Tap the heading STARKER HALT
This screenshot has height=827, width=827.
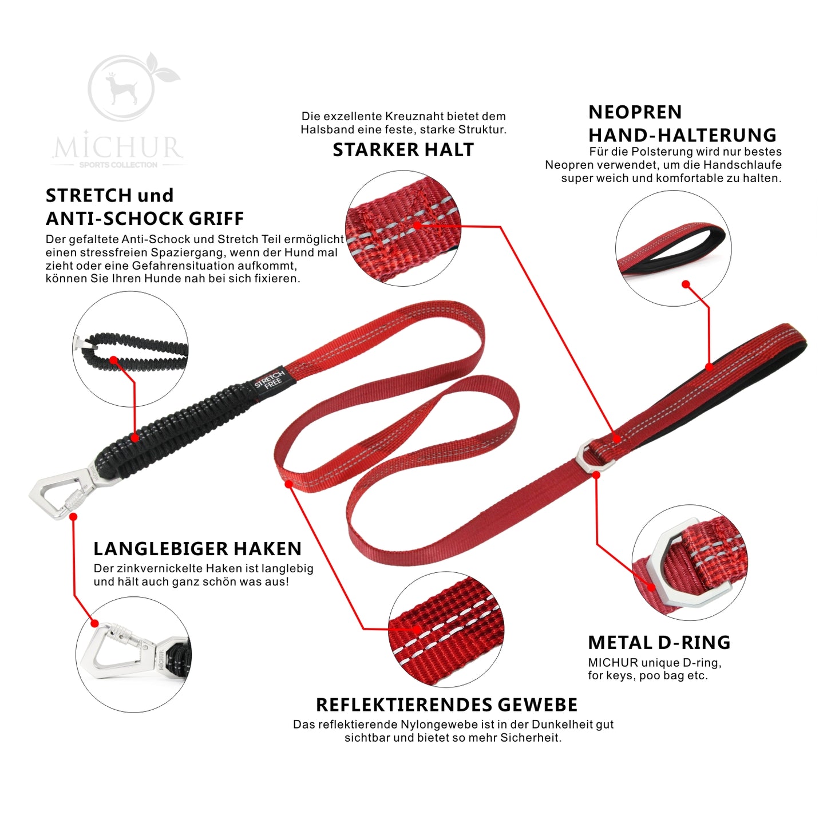tap(403, 150)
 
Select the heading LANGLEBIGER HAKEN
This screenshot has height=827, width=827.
tap(197, 548)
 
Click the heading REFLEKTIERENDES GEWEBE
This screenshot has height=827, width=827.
tap(446, 705)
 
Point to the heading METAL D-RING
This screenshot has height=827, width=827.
tap(659, 643)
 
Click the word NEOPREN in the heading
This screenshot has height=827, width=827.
tap(635, 112)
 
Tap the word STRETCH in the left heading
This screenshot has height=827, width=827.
tap(89, 195)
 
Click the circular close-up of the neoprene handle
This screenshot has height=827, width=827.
tap(673, 248)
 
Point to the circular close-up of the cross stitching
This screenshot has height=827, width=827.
tap(403, 228)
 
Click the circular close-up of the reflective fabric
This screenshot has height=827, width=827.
tap(446, 629)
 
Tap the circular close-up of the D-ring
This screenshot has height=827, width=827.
tap(690, 562)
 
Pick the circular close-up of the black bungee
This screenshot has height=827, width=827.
tap(130, 349)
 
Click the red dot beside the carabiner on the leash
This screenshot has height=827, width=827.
tap(73, 517)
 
